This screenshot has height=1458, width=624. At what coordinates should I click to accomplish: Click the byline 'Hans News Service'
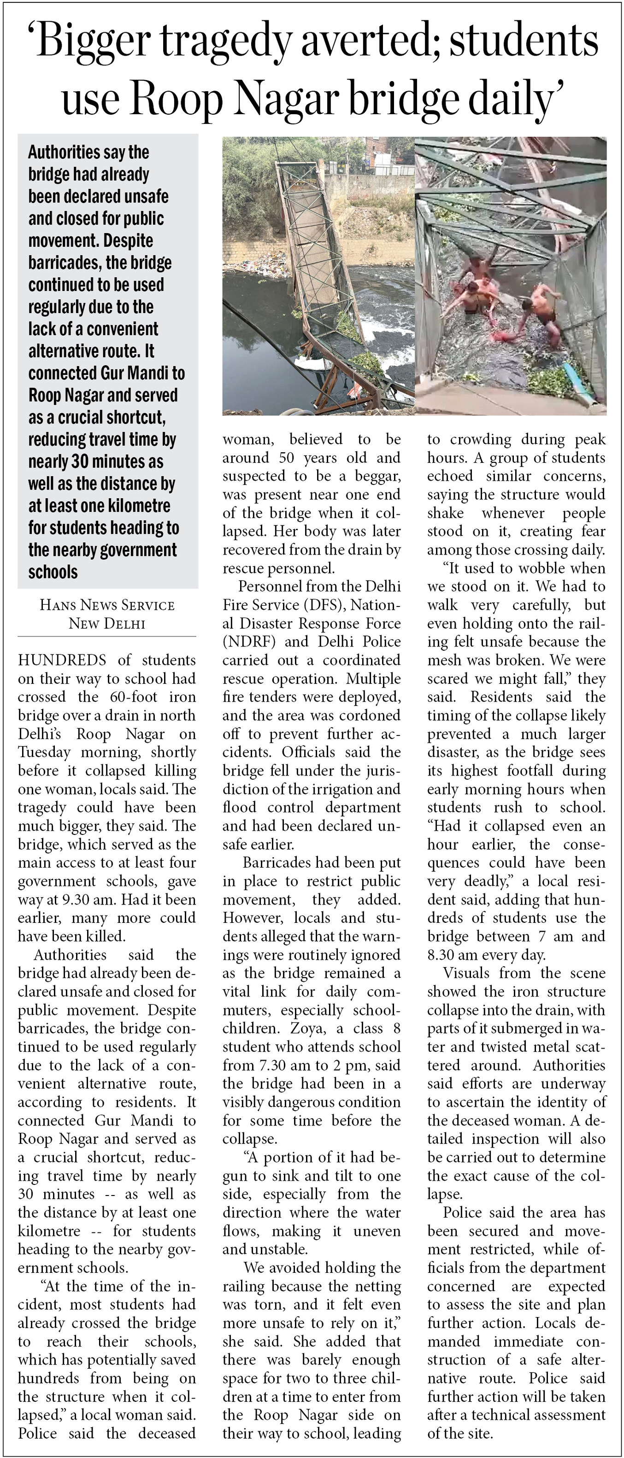point(107,605)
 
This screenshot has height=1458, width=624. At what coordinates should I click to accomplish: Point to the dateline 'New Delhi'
point(107,624)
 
